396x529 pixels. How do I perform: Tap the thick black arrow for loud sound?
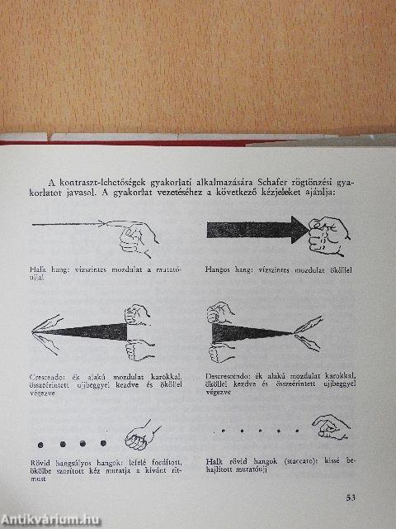[x=256, y=228]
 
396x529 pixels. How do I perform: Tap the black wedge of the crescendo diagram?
[x=91, y=331]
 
